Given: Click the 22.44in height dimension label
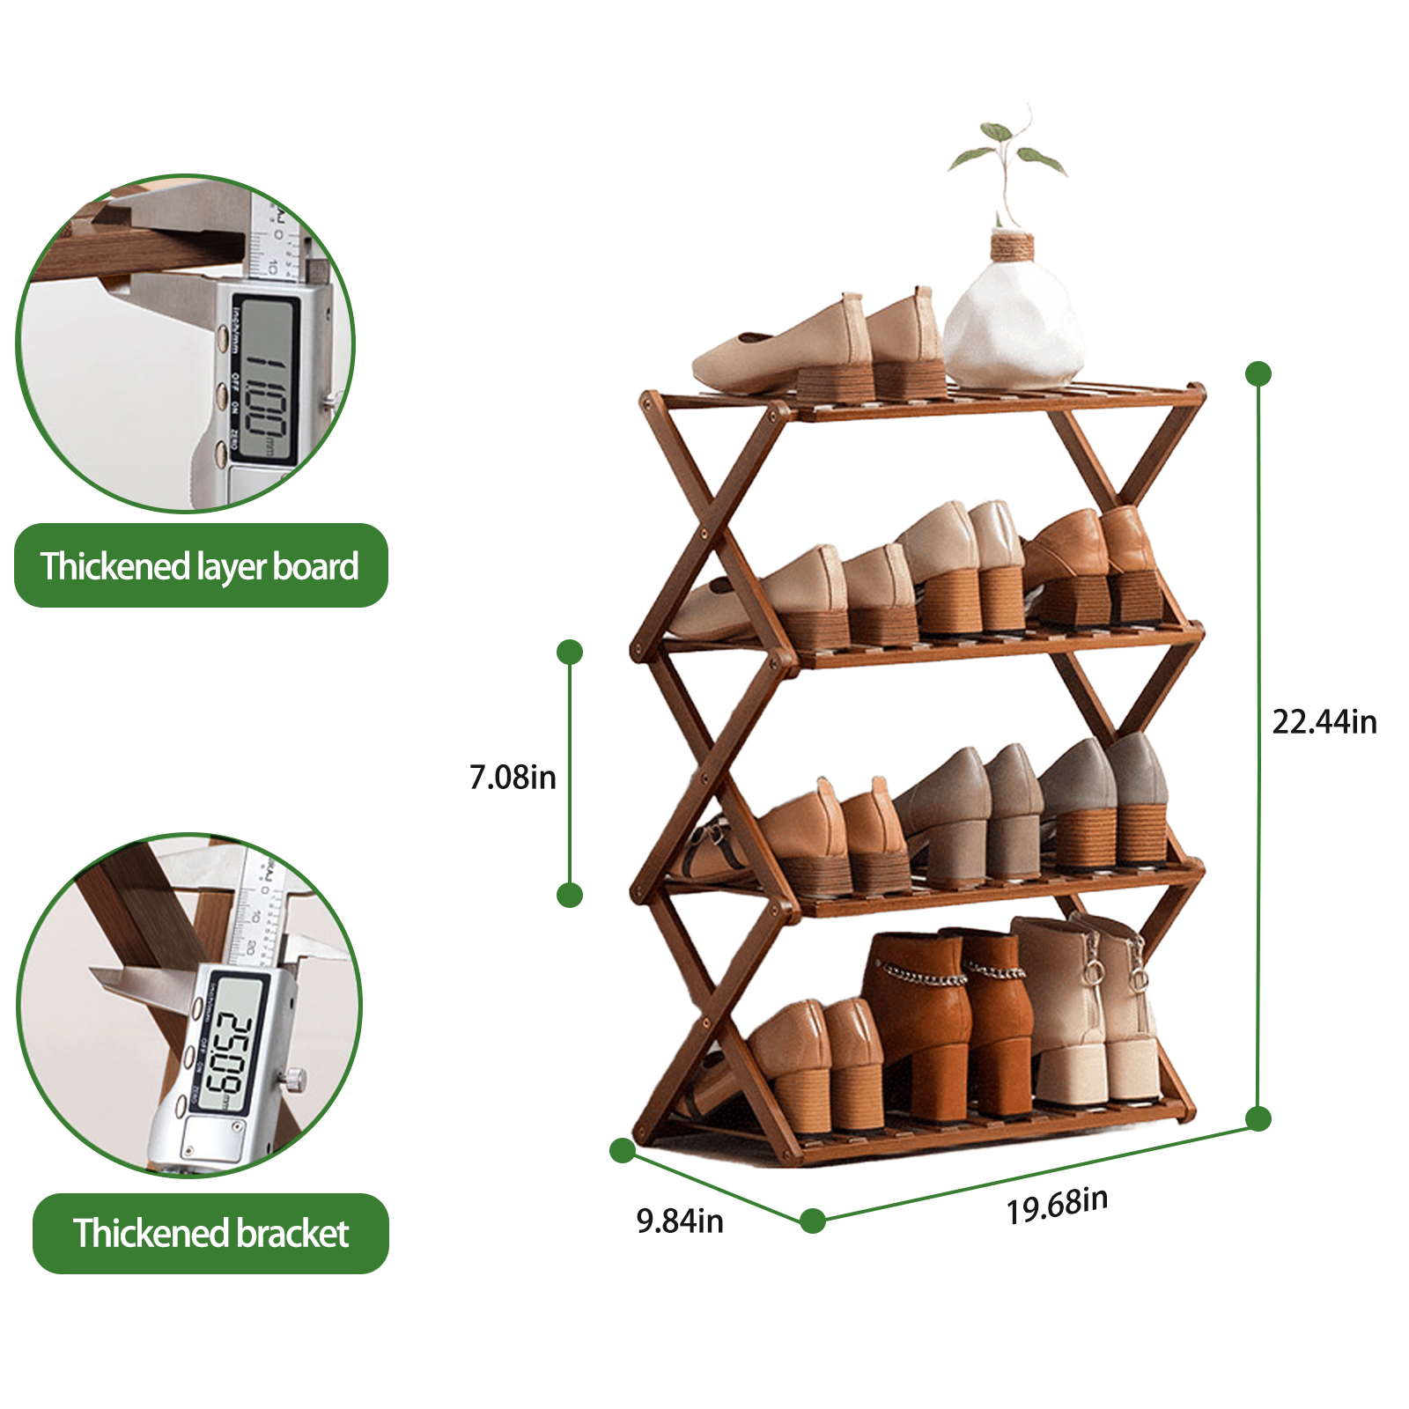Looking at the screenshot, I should click(x=1324, y=722).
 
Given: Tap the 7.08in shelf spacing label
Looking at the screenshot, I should click(x=513, y=778).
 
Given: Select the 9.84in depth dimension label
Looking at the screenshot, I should click(x=680, y=1221).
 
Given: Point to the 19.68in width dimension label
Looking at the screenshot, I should click(x=1057, y=1205).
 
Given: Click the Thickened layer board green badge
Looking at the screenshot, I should click(x=201, y=566).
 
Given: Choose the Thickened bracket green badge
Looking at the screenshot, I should click(x=210, y=1234).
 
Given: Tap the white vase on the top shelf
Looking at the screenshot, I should click(x=1013, y=326).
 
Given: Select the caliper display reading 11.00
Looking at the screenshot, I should click(x=264, y=379).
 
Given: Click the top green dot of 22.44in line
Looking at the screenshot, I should click(x=1258, y=373).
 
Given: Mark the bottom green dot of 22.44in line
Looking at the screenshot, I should click(x=1258, y=1119).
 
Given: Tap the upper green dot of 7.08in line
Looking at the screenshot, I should click(x=570, y=652).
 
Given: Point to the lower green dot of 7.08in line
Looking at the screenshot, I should click(x=570, y=896).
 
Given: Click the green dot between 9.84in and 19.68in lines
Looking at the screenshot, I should click(x=813, y=1221).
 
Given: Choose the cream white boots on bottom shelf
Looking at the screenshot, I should click(x=1092, y=1013).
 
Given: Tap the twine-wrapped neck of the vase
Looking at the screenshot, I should click(x=1012, y=246).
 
